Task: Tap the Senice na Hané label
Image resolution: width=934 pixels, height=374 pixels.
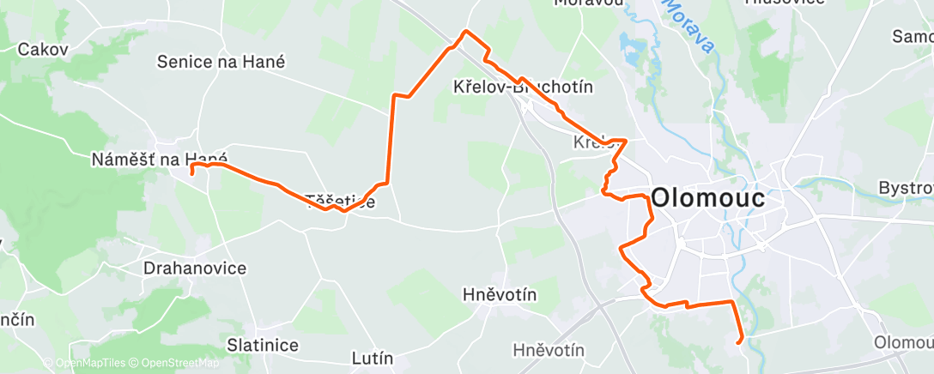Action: tap(221, 62)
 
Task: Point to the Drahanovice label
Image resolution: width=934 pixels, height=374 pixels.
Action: tap(194, 268)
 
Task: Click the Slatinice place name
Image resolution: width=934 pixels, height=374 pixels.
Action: tap(263, 345)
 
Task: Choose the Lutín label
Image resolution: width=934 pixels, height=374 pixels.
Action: tap(373, 358)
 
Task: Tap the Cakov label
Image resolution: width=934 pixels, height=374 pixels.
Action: tap(42, 50)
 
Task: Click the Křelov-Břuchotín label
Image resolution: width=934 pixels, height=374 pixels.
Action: tap(523, 87)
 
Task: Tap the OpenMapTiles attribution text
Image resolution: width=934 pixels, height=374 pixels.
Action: tap(90, 364)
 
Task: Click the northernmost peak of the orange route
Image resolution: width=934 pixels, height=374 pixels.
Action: tap(465, 32)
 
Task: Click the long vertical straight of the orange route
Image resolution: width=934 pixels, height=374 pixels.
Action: tap(392, 137)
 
